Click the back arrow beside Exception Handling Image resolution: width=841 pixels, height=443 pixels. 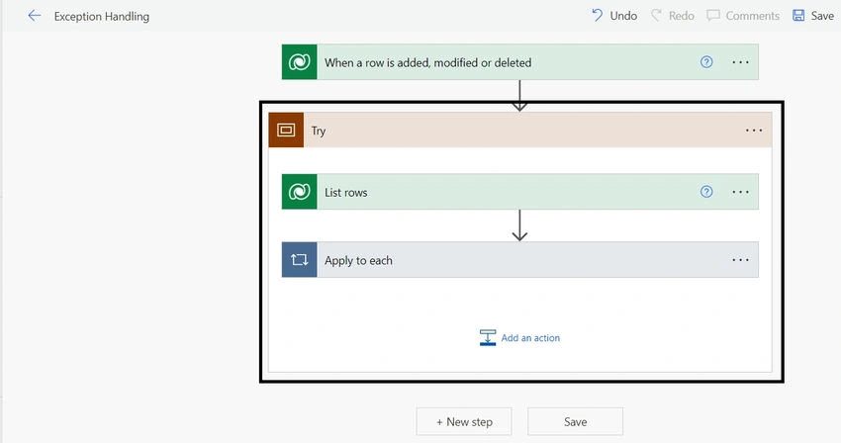[x=35, y=16]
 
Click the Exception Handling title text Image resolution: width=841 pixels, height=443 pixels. [x=102, y=17]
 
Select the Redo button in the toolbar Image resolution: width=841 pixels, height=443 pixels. [x=673, y=16]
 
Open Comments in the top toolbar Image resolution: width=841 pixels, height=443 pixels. [x=743, y=16]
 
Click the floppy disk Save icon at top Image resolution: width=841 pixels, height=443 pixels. [x=798, y=15]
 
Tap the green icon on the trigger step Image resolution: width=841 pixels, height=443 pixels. [x=299, y=62]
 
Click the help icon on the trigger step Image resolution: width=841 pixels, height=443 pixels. [x=706, y=62]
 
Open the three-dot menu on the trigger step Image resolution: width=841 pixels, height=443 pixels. [x=740, y=62]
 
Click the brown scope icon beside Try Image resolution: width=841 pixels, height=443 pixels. [x=286, y=130]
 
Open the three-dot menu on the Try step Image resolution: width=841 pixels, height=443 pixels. [x=754, y=131]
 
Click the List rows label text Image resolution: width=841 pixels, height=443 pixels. [x=346, y=193]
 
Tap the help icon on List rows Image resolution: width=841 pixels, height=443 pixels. [x=706, y=192]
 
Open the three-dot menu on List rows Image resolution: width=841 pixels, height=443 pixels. [x=740, y=192]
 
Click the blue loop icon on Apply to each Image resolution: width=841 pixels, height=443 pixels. [x=299, y=260]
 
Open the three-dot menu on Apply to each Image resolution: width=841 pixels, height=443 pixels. [x=740, y=260]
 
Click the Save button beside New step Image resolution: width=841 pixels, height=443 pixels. [x=575, y=421]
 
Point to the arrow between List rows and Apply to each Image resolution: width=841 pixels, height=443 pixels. [x=519, y=225]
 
